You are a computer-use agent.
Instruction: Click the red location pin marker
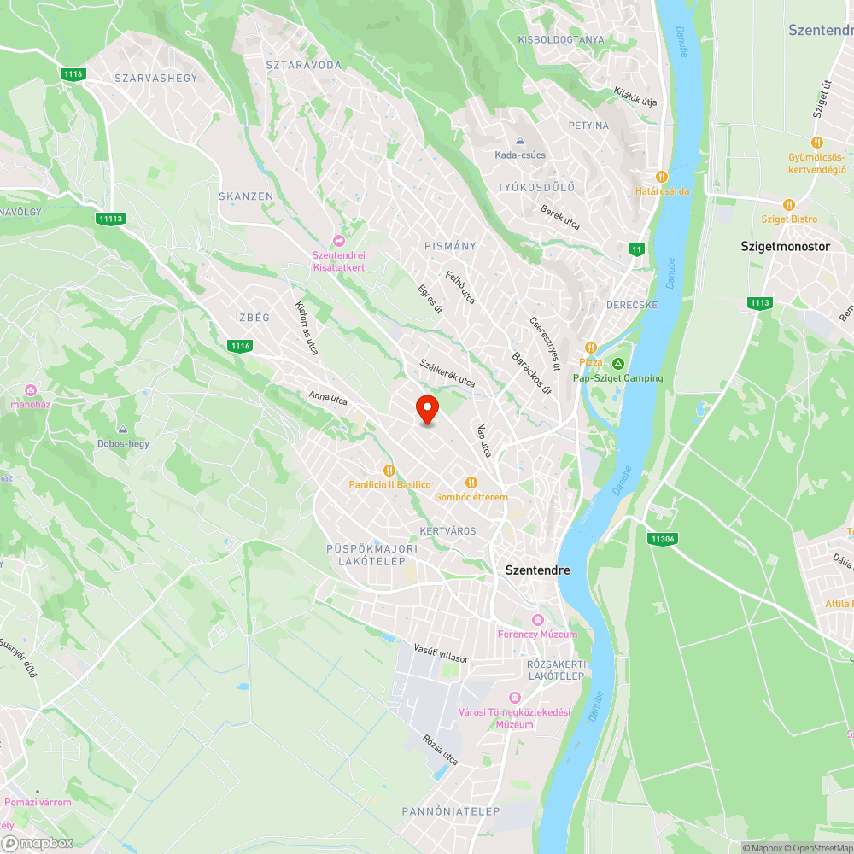point(427,409)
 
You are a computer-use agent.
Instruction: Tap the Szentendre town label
point(537,570)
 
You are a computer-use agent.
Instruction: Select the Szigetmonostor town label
point(785,246)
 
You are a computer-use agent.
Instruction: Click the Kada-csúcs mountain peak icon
point(519,142)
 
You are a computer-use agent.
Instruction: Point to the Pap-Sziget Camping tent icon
point(617,365)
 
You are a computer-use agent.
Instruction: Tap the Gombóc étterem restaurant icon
point(471,483)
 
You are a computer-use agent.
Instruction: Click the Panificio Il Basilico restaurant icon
point(389,470)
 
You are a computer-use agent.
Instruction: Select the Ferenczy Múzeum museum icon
point(537,620)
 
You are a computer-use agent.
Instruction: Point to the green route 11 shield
point(635,249)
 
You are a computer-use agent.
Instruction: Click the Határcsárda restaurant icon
point(661,177)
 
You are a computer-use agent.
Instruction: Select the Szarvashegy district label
point(155,78)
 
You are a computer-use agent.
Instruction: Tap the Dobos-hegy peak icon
point(123,430)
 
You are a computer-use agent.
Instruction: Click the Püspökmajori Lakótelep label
point(372,555)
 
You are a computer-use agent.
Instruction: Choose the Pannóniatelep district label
point(450,811)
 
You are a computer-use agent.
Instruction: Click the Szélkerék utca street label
point(447,373)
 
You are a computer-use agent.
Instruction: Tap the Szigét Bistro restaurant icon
point(788,205)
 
